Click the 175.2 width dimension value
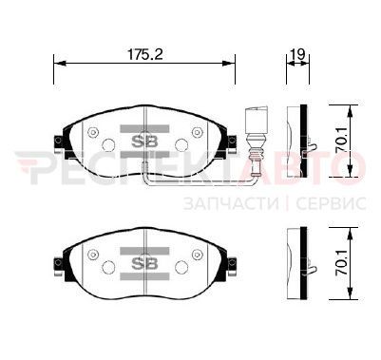(x=145, y=54)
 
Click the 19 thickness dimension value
(x=297, y=54)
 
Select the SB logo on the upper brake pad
(x=144, y=142)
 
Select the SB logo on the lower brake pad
(x=144, y=264)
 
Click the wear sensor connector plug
(x=256, y=120)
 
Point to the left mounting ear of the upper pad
(x=59, y=143)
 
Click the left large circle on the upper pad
(x=108, y=145)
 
